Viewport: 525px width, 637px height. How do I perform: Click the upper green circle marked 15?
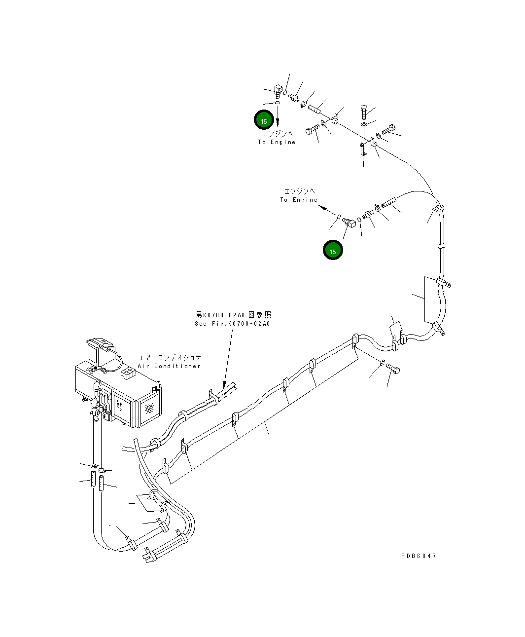pyautogui.click(x=264, y=121)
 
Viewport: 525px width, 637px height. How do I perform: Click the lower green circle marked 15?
pyautogui.click(x=333, y=251)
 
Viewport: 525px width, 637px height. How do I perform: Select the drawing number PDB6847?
pyautogui.click(x=419, y=556)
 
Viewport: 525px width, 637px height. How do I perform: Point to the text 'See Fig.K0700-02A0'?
pyautogui.click(x=232, y=324)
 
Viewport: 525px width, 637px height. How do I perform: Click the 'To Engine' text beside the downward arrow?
pyautogui.click(x=277, y=142)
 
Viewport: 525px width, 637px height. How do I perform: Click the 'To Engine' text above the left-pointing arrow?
pyautogui.click(x=299, y=200)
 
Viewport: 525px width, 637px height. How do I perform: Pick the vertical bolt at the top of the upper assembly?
pyautogui.click(x=364, y=112)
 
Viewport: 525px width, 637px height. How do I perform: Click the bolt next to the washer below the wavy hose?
pyautogui.click(x=393, y=369)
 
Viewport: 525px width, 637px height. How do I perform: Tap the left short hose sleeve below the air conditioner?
pyautogui.click(x=92, y=480)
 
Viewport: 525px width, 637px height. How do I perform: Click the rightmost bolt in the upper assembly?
pyautogui.click(x=387, y=129)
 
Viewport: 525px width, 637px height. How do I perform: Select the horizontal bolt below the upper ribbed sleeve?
pyautogui.click(x=312, y=130)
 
